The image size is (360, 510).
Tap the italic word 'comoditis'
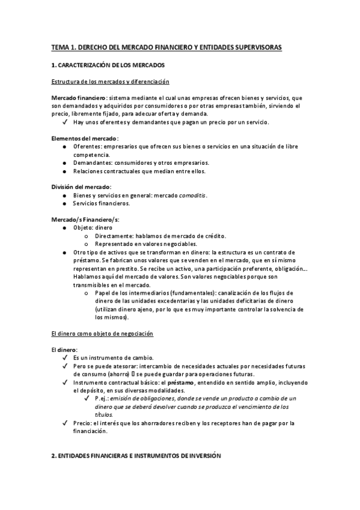(189, 195)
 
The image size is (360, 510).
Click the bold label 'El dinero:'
(64, 349)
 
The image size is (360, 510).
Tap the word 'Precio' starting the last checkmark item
(83, 423)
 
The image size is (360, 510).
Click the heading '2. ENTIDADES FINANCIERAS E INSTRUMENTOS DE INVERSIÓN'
(136, 456)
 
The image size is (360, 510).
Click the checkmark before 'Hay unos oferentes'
(64, 122)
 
